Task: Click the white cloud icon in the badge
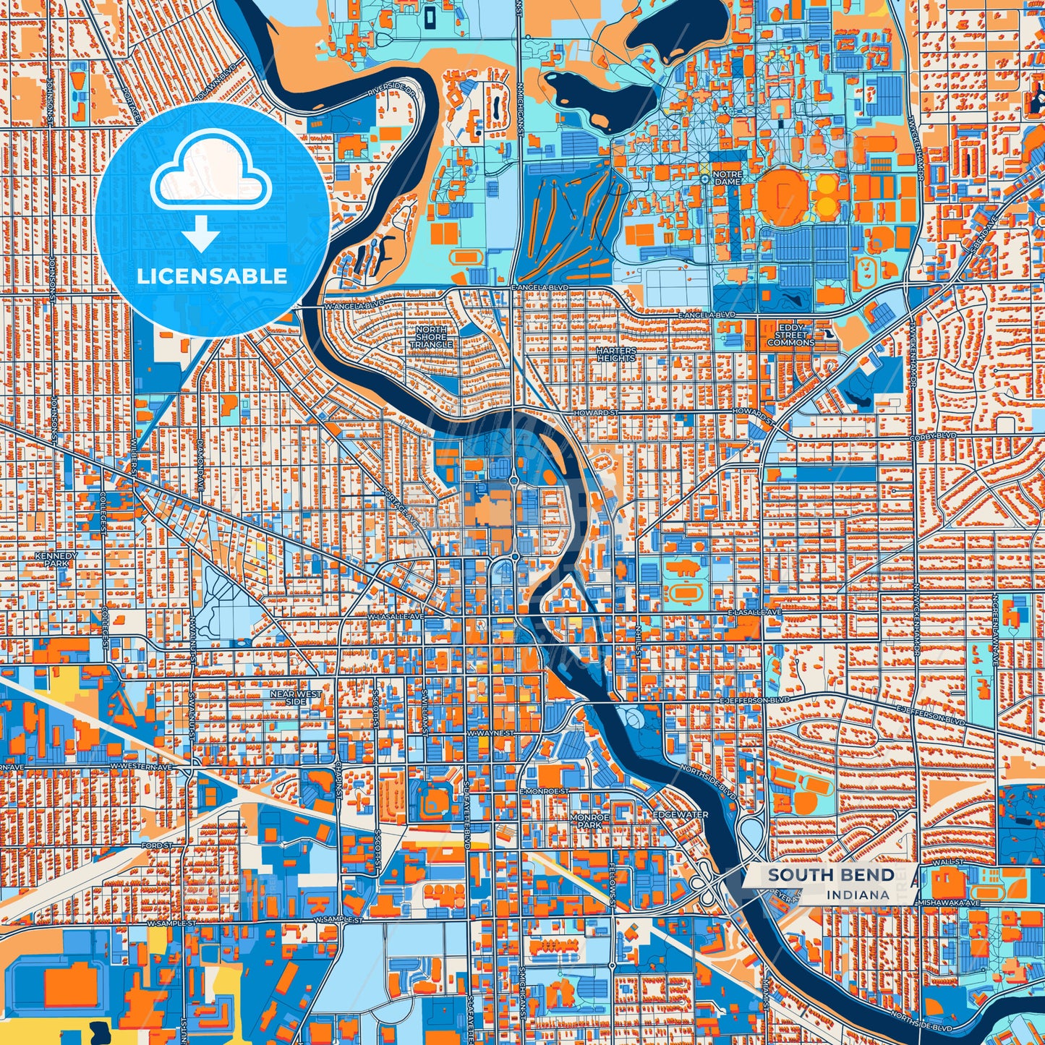click(210, 176)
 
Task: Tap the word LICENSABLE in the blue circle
click(212, 276)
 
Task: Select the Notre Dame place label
click(727, 178)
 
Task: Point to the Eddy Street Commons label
click(790, 335)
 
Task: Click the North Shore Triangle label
click(431, 337)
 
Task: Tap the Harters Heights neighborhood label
click(616, 354)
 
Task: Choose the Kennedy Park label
click(56, 559)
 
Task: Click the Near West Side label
click(295, 697)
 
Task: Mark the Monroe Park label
click(589, 820)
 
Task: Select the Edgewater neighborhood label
click(681, 814)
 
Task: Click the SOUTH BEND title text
click(831, 875)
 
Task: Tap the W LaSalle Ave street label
click(394, 616)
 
